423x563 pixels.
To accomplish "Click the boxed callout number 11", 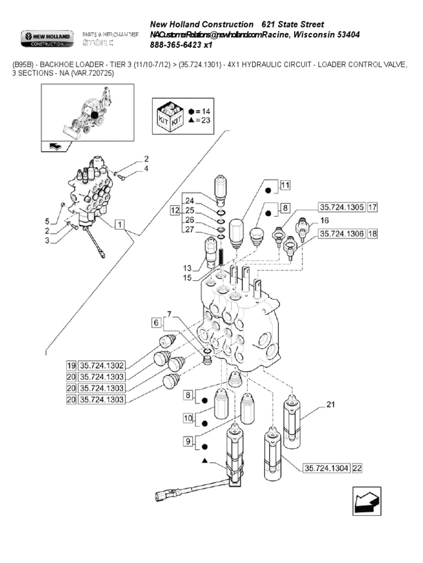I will pyautogui.click(x=284, y=185).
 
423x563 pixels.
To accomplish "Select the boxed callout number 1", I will pyautogui.click(x=120, y=224).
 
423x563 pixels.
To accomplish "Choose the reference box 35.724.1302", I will pyautogui.click(x=103, y=365).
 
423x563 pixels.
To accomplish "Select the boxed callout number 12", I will pyautogui.click(x=174, y=210).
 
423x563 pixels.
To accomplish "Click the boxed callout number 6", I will pyautogui.click(x=155, y=322).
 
